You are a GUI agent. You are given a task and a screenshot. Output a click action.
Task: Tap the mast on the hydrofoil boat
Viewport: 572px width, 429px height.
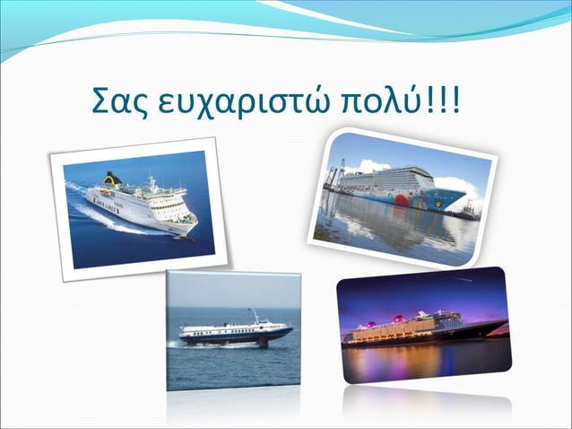255,316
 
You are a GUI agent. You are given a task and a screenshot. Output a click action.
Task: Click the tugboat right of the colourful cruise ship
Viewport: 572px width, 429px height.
469,210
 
